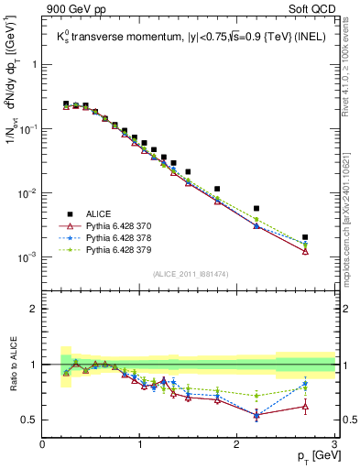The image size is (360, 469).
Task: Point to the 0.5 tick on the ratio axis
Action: pos(29,420)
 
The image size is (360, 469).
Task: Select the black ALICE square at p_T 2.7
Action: pos(305,237)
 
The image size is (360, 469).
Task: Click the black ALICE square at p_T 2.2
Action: pos(256,209)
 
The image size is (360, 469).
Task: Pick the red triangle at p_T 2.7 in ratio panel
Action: pos(305,406)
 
